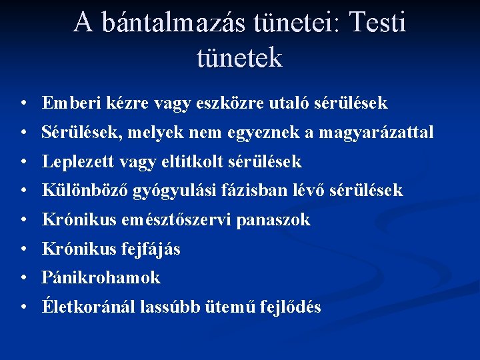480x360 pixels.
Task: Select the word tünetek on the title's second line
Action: (240, 58)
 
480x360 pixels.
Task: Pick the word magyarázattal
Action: (376, 133)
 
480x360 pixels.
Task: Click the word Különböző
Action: (85, 191)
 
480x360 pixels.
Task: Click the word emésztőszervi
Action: (179, 220)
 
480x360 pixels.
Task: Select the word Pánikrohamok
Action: (101, 277)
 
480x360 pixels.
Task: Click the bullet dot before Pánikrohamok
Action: (23, 278)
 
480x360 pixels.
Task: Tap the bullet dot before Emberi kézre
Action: (23, 104)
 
